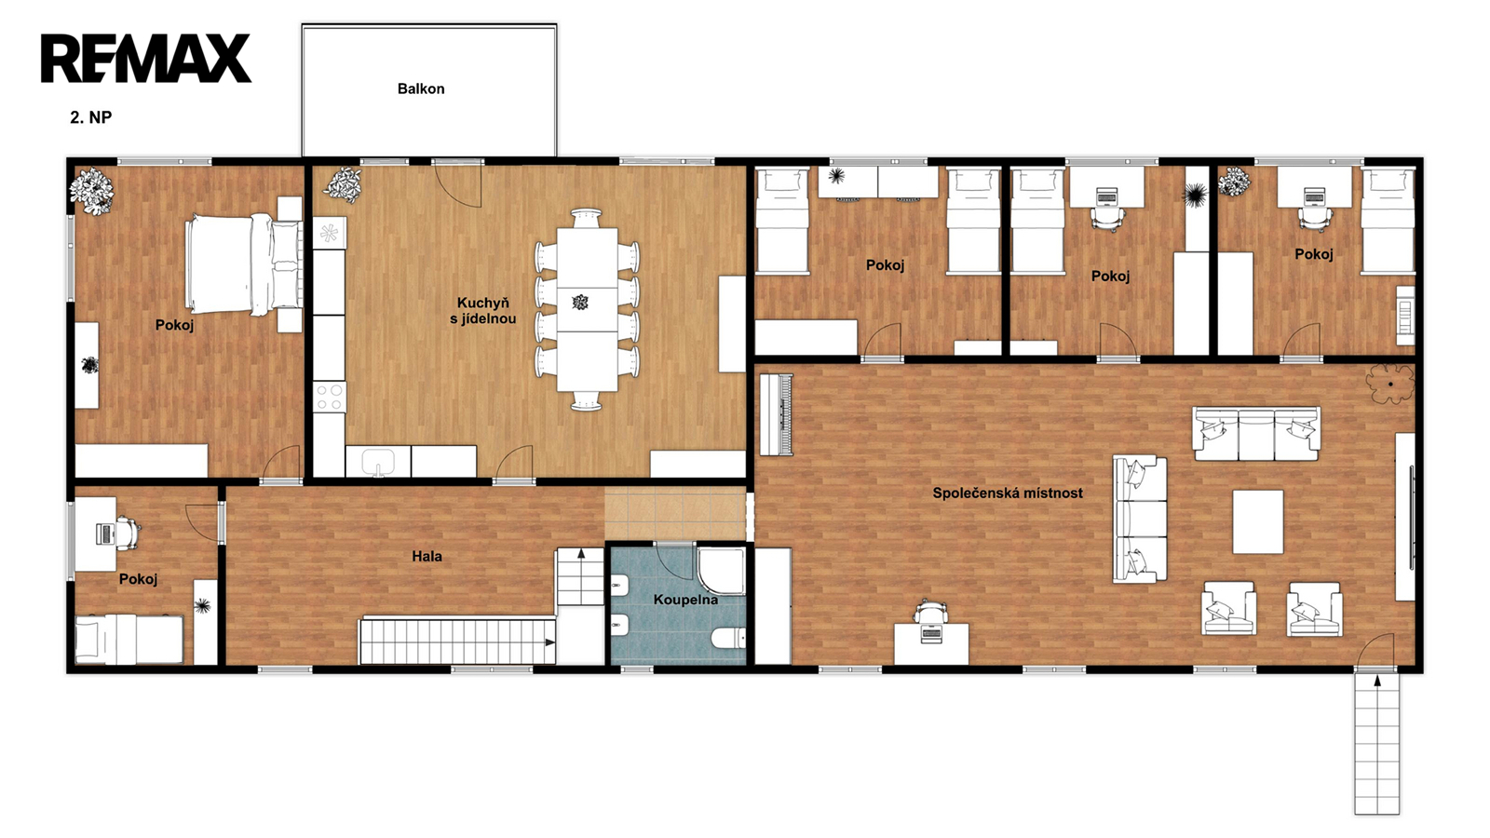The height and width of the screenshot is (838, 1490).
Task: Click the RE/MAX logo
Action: [x=146, y=59]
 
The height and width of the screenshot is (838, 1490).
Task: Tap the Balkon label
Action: [x=421, y=88]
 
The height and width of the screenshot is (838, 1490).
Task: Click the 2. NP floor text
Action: [x=91, y=117]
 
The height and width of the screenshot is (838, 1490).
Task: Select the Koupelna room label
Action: [x=685, y=600]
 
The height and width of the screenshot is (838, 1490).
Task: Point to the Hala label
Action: [x=427, y=556]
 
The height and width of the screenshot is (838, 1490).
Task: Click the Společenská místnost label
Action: [x=1007, y=493]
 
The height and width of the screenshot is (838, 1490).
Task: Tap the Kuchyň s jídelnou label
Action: [x=483, y=311]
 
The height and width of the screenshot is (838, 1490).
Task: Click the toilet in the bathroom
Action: [x=728, y=639]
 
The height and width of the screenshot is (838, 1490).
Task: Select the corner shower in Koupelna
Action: [x=721, y=571]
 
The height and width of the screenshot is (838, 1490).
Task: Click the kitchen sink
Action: [x=378, y=461]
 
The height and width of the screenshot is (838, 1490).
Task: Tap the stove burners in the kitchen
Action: [x=330, y=397]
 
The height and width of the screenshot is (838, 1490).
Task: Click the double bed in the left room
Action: [x=243, y=264]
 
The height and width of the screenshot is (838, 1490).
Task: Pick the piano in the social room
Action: [x=777, y=414]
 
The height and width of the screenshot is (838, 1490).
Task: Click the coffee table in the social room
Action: [x=1258, y=521]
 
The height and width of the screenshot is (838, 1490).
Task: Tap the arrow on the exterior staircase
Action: [x=1377, y=681]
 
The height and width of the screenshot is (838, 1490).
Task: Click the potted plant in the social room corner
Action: [x=1389, y=384]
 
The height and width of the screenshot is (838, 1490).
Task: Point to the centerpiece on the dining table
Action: [x=581, y=303]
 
